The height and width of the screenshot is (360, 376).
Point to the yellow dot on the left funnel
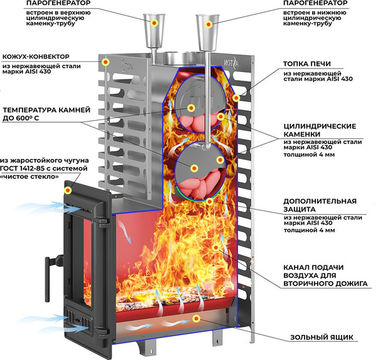click(x=154, y=23)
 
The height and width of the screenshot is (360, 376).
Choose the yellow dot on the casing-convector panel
click(x=105, y=63)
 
